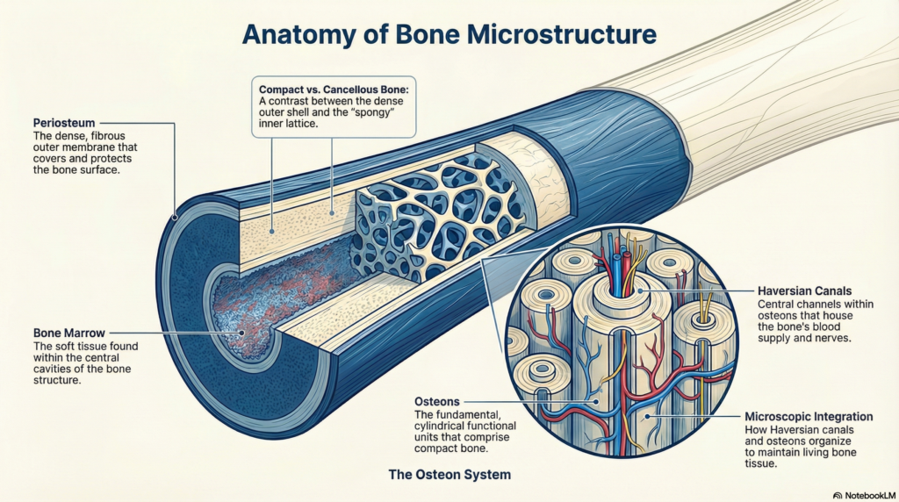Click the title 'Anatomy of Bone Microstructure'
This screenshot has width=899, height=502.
pyautogui.click(x=449, y=35)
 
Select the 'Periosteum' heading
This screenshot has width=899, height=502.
pyautogui.click(x=63, y=122)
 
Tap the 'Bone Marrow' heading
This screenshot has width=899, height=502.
pyautogui.click(x=66, y=333)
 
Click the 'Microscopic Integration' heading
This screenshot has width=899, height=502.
pyautogui.click(x=808, y=415)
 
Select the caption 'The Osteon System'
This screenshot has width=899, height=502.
pyautogui.click(x=449, y=475)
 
